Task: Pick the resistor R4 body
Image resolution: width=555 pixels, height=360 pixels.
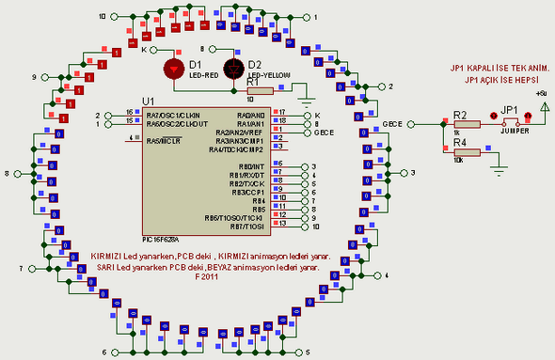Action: click(465, 152)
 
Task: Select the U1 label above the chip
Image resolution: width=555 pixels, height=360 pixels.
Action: click(148, 101)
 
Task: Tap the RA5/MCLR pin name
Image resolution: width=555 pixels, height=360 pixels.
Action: click(164, 140)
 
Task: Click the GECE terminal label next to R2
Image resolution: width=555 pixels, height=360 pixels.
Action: click(393, 124)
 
